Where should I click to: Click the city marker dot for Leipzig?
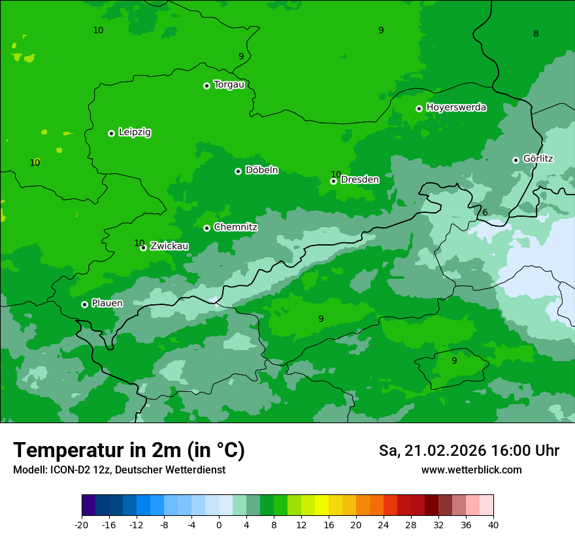[111, 133]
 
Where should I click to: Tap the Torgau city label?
[229, 85]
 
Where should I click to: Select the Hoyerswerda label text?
[456, 108]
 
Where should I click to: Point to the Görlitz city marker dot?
[516, 160]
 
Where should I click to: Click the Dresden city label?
[360, 180]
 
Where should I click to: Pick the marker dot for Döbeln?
[238, 171]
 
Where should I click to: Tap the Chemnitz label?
[235, 227]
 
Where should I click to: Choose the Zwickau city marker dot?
[143, 247]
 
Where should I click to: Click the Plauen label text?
[107, 304]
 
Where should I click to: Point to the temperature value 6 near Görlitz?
[485, 212]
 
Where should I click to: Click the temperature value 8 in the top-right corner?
[536, 33]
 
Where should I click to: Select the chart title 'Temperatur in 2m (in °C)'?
[129, 450]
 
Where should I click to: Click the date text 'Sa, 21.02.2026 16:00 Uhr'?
[468, 451]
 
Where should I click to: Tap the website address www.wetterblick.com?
[471, 470]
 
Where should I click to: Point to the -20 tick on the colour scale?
[82, 525]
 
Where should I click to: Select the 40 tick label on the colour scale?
[493, 525]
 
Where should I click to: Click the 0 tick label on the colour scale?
[219, 525]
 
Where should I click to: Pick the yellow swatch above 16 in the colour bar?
[321, 505]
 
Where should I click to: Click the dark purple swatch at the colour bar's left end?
[88, 505]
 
